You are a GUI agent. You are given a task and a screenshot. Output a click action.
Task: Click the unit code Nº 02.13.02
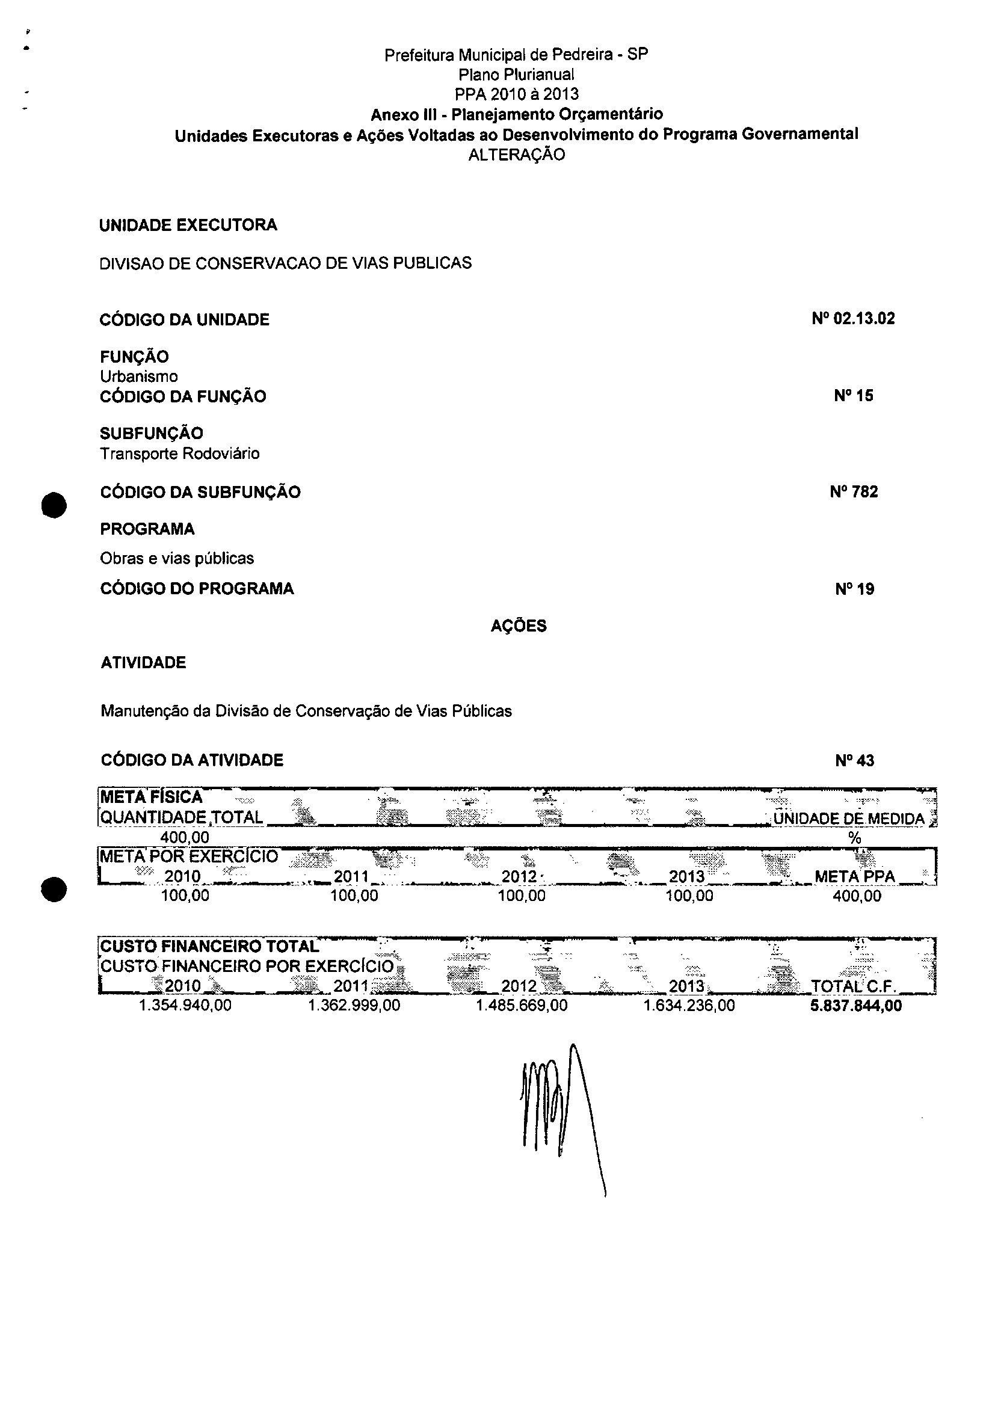click(x=853, y=319)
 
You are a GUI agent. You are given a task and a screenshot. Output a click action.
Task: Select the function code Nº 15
click(x=853, y=396)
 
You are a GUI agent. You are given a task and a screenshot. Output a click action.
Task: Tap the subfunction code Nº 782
click(x=853, y=492)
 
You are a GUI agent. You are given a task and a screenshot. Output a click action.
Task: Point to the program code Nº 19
click(x=854, y=589)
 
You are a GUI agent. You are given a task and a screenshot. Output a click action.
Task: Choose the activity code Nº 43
click(x=854, y=761)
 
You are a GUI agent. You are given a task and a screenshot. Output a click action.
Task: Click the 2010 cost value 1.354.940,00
click(x=185, y=1006)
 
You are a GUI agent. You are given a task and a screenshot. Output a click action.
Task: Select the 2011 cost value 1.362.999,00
click(x=354, y=1006)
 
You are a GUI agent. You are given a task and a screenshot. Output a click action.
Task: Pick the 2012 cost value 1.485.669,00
click(x=522, y=1006)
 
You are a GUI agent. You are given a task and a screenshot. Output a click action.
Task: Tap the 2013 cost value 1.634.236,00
click(x=689, y=1006)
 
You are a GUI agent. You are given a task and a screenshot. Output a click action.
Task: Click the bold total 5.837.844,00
click(x=855, y=1006)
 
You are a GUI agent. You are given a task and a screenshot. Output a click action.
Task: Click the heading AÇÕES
click(x=519, y=626)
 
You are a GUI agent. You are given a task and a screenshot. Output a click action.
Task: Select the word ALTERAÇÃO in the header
click(x=517, y=155)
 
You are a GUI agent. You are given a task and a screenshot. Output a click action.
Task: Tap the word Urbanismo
click(x=139, y=377)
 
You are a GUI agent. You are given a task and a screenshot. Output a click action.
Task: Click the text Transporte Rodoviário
click(x=180, y=454)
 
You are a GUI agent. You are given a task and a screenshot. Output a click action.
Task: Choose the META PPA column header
click(x=854, y=877)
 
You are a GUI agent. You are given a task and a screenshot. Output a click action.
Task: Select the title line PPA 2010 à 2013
click(x=517, y=94)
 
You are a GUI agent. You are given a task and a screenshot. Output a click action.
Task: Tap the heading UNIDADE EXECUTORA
click(x=188, y=225)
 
